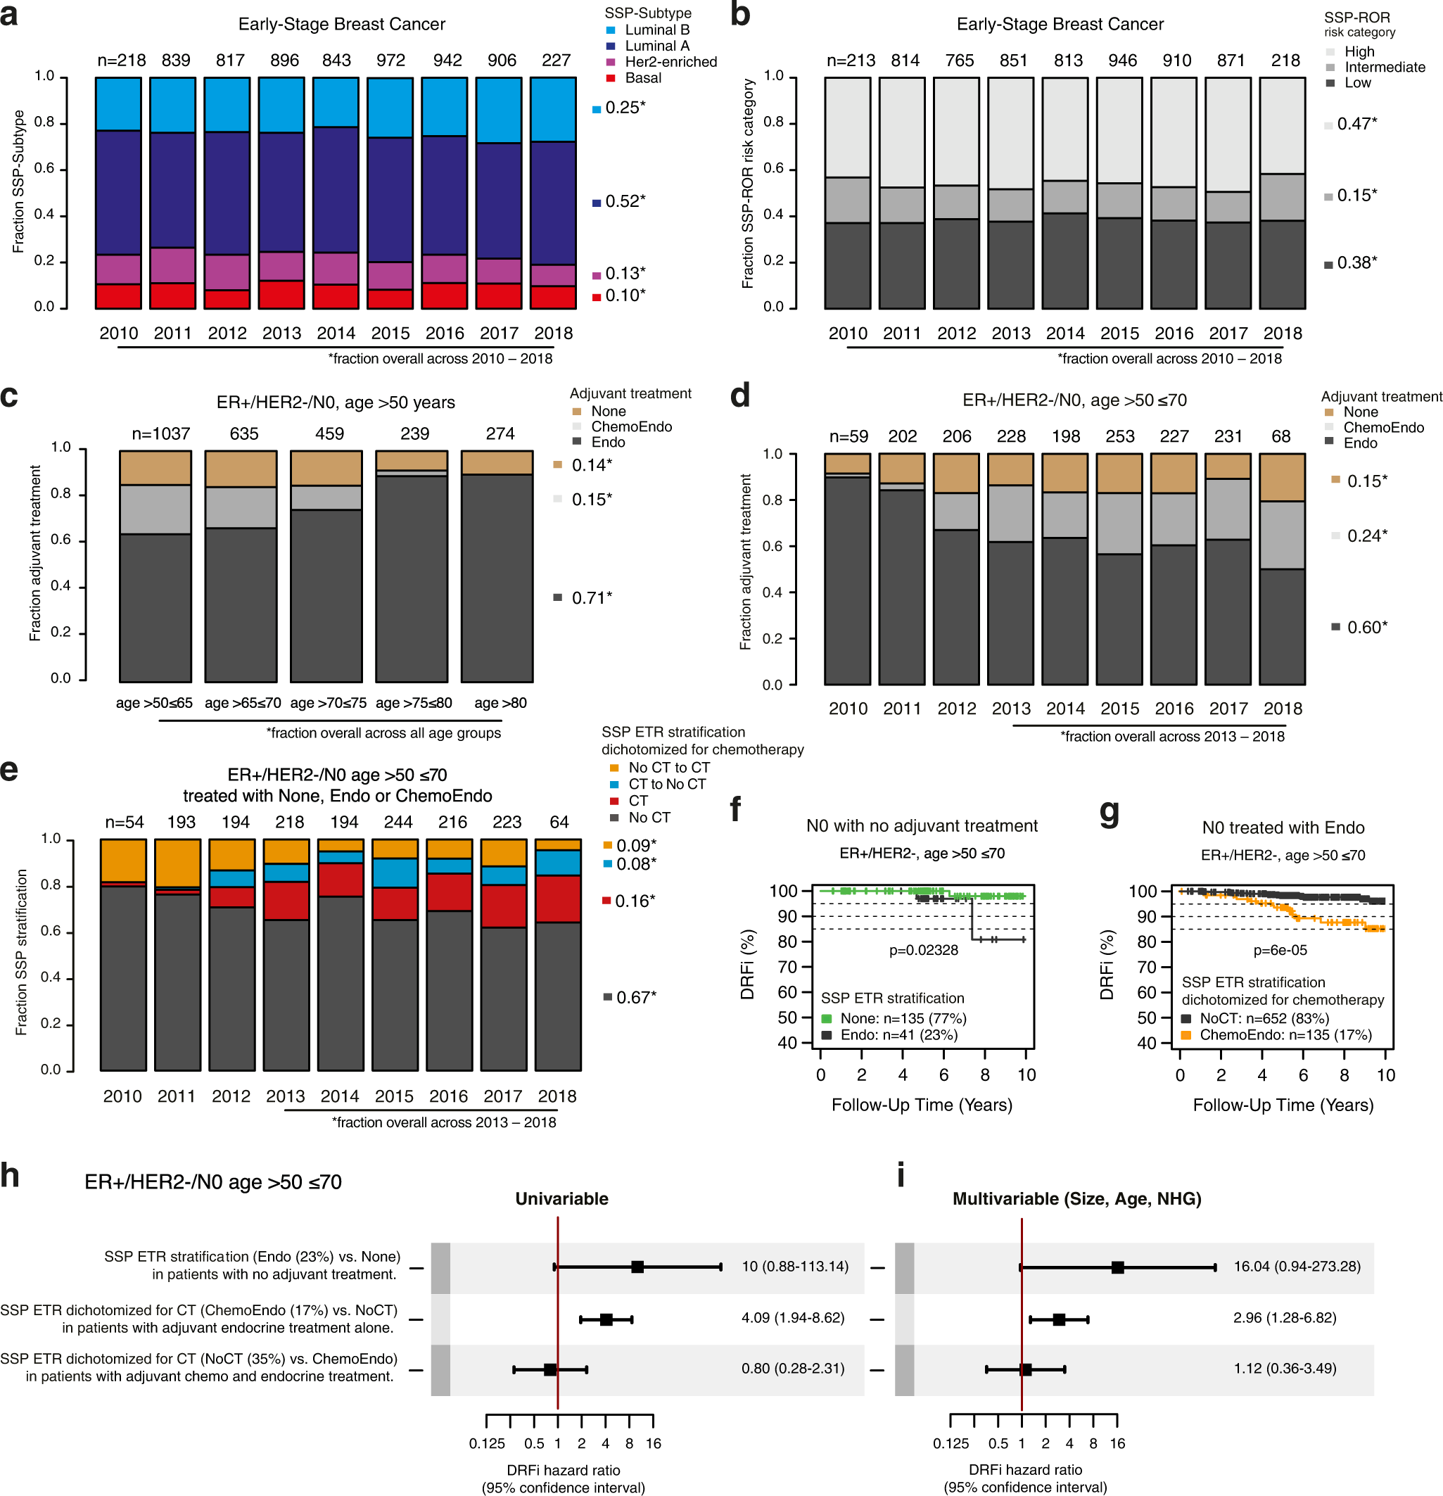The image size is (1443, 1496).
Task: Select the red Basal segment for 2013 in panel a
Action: tap(281, 295)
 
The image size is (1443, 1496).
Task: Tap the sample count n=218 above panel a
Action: tap(121, 61)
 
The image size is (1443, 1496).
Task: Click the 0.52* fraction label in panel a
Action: tap(624, 201)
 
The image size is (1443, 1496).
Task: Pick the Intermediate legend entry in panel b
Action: tap(1383, 67)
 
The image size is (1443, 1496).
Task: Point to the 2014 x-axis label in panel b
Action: tap(1064, 334)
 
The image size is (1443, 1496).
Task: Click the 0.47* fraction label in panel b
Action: tap(1356, 124)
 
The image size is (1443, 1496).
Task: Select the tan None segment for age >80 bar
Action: tap(497, 462)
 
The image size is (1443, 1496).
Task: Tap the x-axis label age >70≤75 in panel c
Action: tap(328, 703)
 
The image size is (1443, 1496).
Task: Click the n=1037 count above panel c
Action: tap(160, 433)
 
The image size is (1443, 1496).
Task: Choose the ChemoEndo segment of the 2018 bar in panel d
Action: tap(1281, 534)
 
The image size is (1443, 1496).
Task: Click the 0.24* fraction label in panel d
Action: tap(1366, 535)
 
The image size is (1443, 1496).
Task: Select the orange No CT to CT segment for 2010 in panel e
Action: tap(123, 860)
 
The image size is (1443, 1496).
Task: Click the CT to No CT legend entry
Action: tap(666, 784)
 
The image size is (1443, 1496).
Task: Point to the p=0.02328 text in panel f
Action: tap(922, 950)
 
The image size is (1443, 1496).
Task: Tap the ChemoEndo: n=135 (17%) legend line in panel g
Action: tap(1285, 1035)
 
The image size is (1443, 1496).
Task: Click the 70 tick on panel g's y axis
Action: tap(1147, 967)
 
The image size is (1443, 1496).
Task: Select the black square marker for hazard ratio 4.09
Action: tap(606, 1319)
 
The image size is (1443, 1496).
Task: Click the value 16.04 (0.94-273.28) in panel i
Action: tap(1297, 1267)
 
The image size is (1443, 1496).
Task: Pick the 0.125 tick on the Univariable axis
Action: tap(487, 1443)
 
